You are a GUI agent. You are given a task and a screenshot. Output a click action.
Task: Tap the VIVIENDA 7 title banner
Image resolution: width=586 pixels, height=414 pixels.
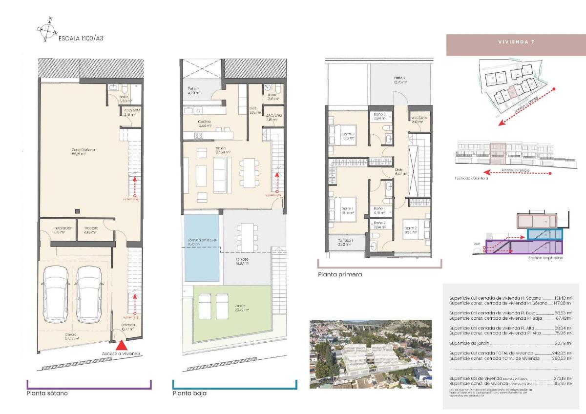coord(516,42)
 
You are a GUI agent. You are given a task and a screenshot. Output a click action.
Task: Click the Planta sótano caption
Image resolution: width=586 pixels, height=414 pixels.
coord(47,393)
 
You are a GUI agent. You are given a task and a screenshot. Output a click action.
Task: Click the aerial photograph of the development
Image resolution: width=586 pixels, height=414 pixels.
coord(371,354)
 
